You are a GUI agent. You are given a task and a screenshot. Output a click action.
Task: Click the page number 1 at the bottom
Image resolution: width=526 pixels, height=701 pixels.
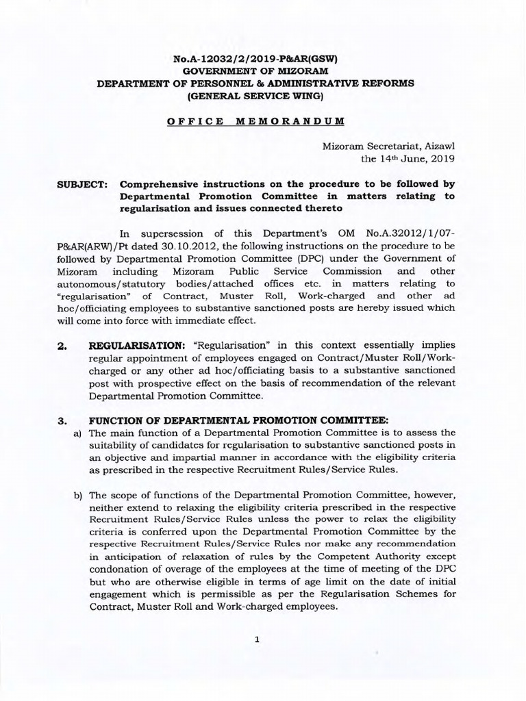tap(256, 640)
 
